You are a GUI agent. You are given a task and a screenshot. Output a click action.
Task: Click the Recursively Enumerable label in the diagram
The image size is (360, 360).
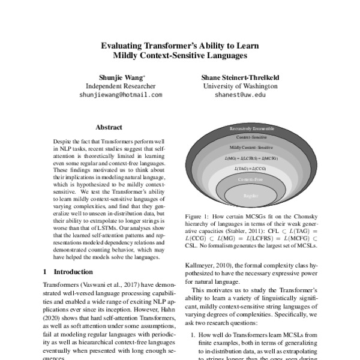point(251,128)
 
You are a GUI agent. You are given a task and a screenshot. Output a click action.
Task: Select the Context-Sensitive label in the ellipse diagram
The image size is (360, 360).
point(251,137)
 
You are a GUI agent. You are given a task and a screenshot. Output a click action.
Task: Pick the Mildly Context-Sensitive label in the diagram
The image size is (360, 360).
point(251,147)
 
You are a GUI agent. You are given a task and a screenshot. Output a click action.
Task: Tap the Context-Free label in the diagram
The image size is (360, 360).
point(251,179)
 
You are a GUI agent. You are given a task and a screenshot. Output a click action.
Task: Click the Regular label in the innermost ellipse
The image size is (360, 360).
point(251,195)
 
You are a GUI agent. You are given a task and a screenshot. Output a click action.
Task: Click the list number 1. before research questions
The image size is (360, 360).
point(192,336)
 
